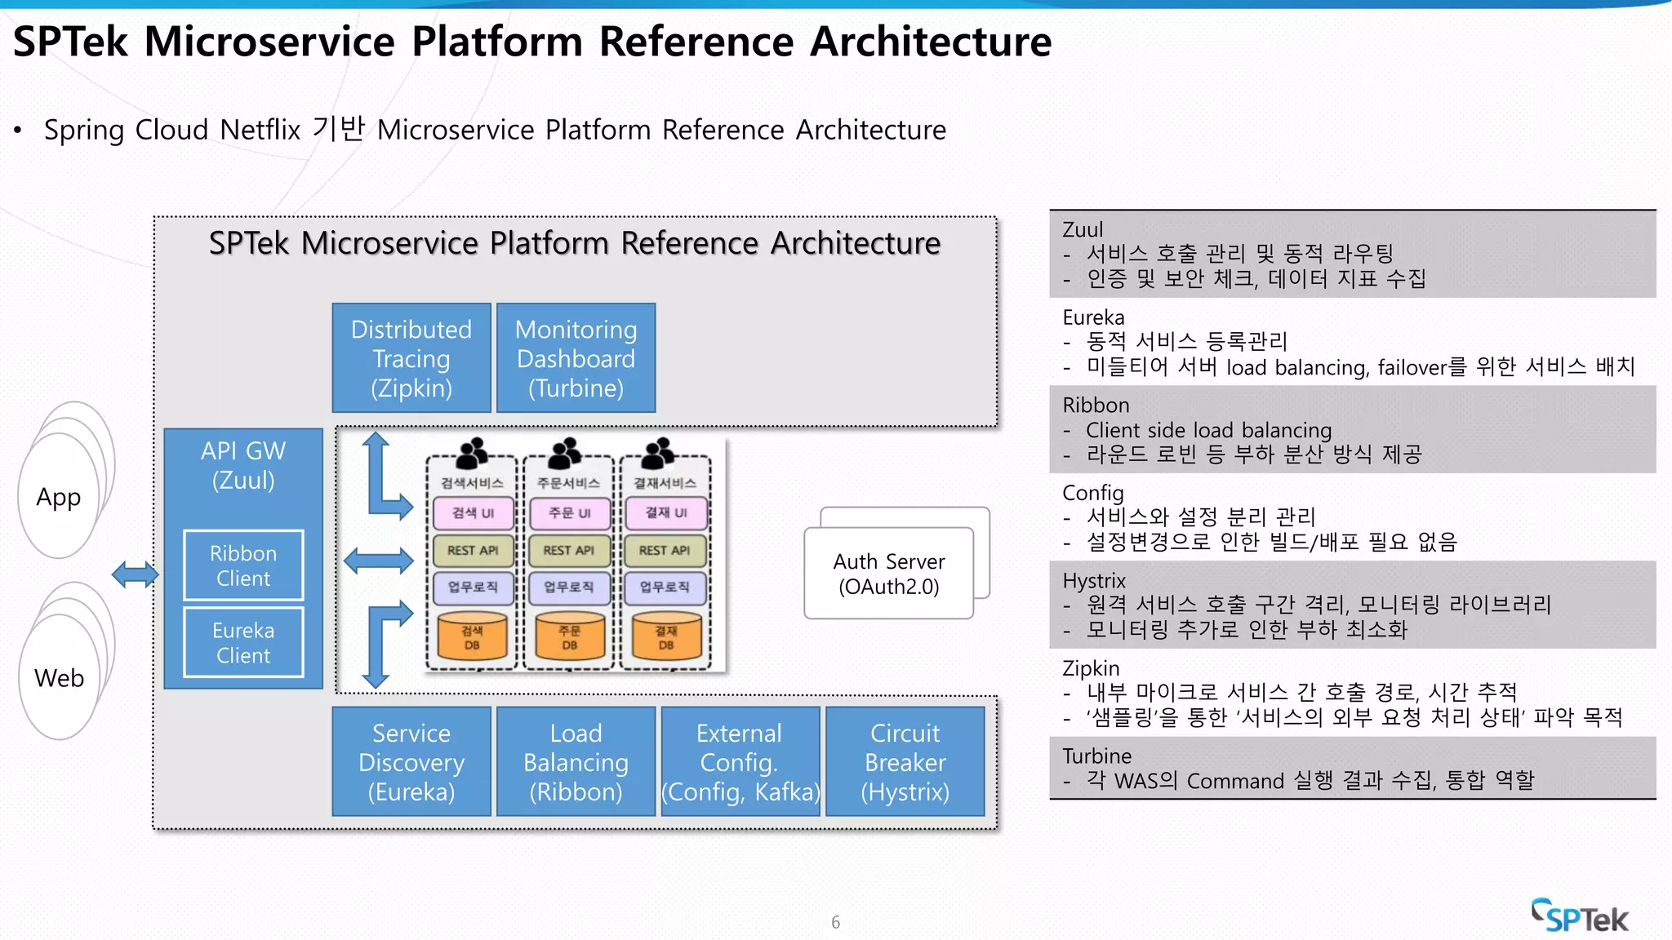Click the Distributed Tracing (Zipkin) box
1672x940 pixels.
[411, 358]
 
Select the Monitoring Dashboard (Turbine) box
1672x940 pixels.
[576, 358]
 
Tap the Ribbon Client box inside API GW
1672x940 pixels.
[243, 565]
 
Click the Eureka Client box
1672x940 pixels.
[243, 642]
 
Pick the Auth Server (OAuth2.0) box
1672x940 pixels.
[888, 574]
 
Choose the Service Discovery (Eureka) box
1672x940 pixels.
[411, 761]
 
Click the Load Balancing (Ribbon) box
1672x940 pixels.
[576, 761]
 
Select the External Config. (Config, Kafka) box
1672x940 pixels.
[740, 761]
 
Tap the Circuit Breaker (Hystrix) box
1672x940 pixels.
[905, 761]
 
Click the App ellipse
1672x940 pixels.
[58, 497]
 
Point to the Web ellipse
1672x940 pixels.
[59, 677]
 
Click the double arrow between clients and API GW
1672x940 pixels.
[135, 574]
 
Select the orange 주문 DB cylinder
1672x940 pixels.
[569, 637]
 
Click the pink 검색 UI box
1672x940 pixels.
[473, 513]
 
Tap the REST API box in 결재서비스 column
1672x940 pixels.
[665, 551]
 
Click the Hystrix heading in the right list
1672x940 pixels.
[1094, 581]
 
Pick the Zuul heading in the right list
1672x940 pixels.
[1083, 230]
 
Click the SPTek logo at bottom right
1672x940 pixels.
[1579, 916]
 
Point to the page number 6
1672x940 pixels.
[835, 922]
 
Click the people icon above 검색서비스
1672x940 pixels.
[472, 452]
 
